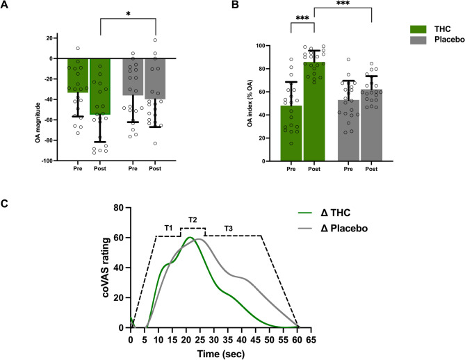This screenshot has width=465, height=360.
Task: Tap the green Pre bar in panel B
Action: tap(290, 133)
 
